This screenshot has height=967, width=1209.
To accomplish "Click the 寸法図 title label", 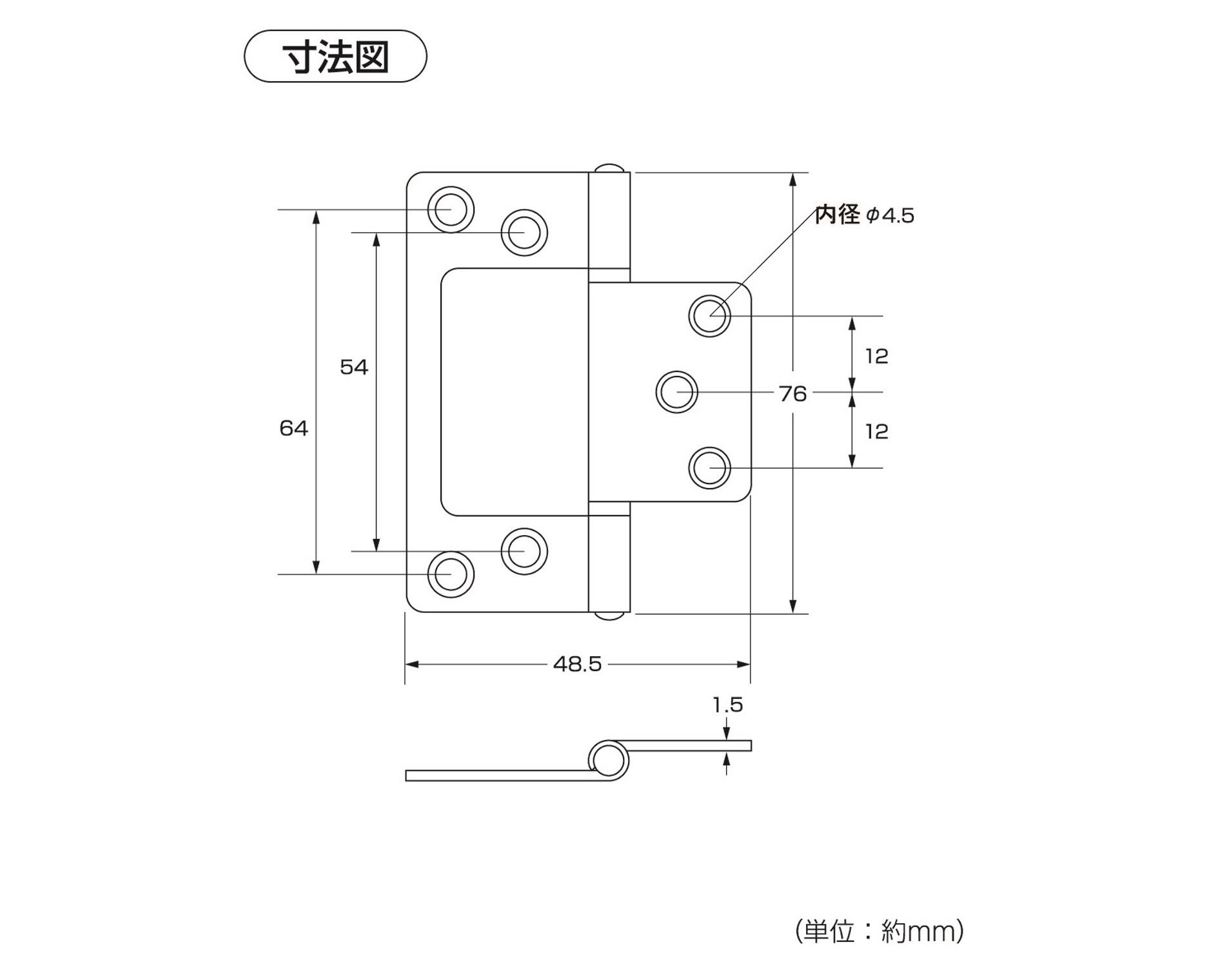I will (335, 57).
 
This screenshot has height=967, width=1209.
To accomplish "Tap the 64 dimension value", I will (293, 429).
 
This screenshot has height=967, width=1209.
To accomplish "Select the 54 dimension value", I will (353, 367).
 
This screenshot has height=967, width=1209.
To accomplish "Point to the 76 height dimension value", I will (792, 393).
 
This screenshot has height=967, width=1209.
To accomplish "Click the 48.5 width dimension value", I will (577, 664).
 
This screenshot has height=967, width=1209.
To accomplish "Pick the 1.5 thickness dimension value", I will (727, 705).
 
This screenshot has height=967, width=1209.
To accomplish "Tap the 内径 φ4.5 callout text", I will (864, 215).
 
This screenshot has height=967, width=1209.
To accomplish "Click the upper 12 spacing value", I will (876, 356).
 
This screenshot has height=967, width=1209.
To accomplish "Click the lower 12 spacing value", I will (876, 431).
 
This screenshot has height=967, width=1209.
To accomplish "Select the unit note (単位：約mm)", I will (880, 931).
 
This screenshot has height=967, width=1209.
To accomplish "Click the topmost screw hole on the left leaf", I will (451, 210).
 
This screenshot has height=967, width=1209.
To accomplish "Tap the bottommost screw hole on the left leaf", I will (451, 574).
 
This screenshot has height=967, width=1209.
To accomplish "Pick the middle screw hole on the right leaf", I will (676, 392).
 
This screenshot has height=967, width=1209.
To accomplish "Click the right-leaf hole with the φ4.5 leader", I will (709, 316).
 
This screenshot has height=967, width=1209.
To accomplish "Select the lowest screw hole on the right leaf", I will (709, 468).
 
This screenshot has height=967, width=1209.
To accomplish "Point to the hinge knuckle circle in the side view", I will (608, 759).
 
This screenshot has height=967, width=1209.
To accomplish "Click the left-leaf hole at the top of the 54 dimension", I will (524, 232).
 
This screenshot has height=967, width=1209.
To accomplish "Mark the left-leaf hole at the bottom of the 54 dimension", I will (524, 551).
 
